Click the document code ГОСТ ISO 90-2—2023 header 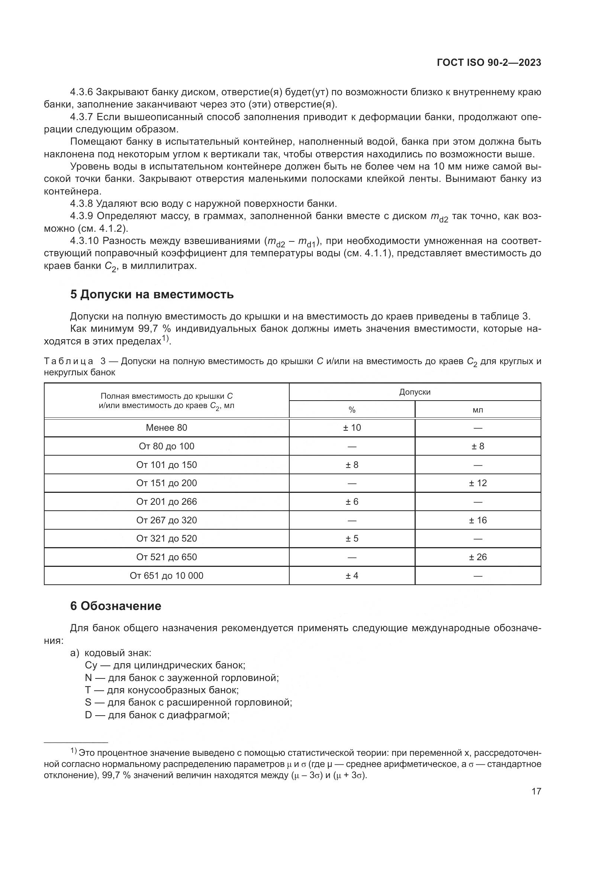tap(489, 63)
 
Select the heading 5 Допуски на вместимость tap(152, 295)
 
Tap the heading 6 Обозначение tap(116, 606)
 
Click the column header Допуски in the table tap(415, 392)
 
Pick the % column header tap(352, 410)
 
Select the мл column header tap(477, 410)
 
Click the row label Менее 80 tap(167, 428)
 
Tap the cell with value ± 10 tap(352, 428)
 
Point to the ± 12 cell tap(477, 483)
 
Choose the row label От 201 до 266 tap(167, 502)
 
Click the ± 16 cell tap(477, 520)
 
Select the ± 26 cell tap(477, 557)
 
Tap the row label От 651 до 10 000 tap(167, 575)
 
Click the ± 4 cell tap(352, 575)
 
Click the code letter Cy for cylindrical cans tap(91, 665)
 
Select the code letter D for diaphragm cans tap(88, 715)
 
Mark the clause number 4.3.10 tap(84, 241)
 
